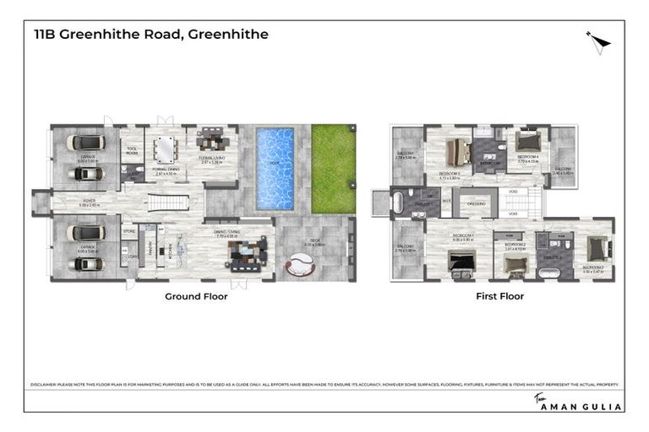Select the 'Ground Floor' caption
click(196, 296)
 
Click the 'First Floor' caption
click(499, 296)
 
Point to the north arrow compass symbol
click(598, 41)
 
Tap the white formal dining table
click(165, 149)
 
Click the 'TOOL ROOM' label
click(131, 152)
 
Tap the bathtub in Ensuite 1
click(400, 203)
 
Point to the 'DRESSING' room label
click(477, 202)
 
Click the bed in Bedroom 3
click(597, 248)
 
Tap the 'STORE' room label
click(129, 229)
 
